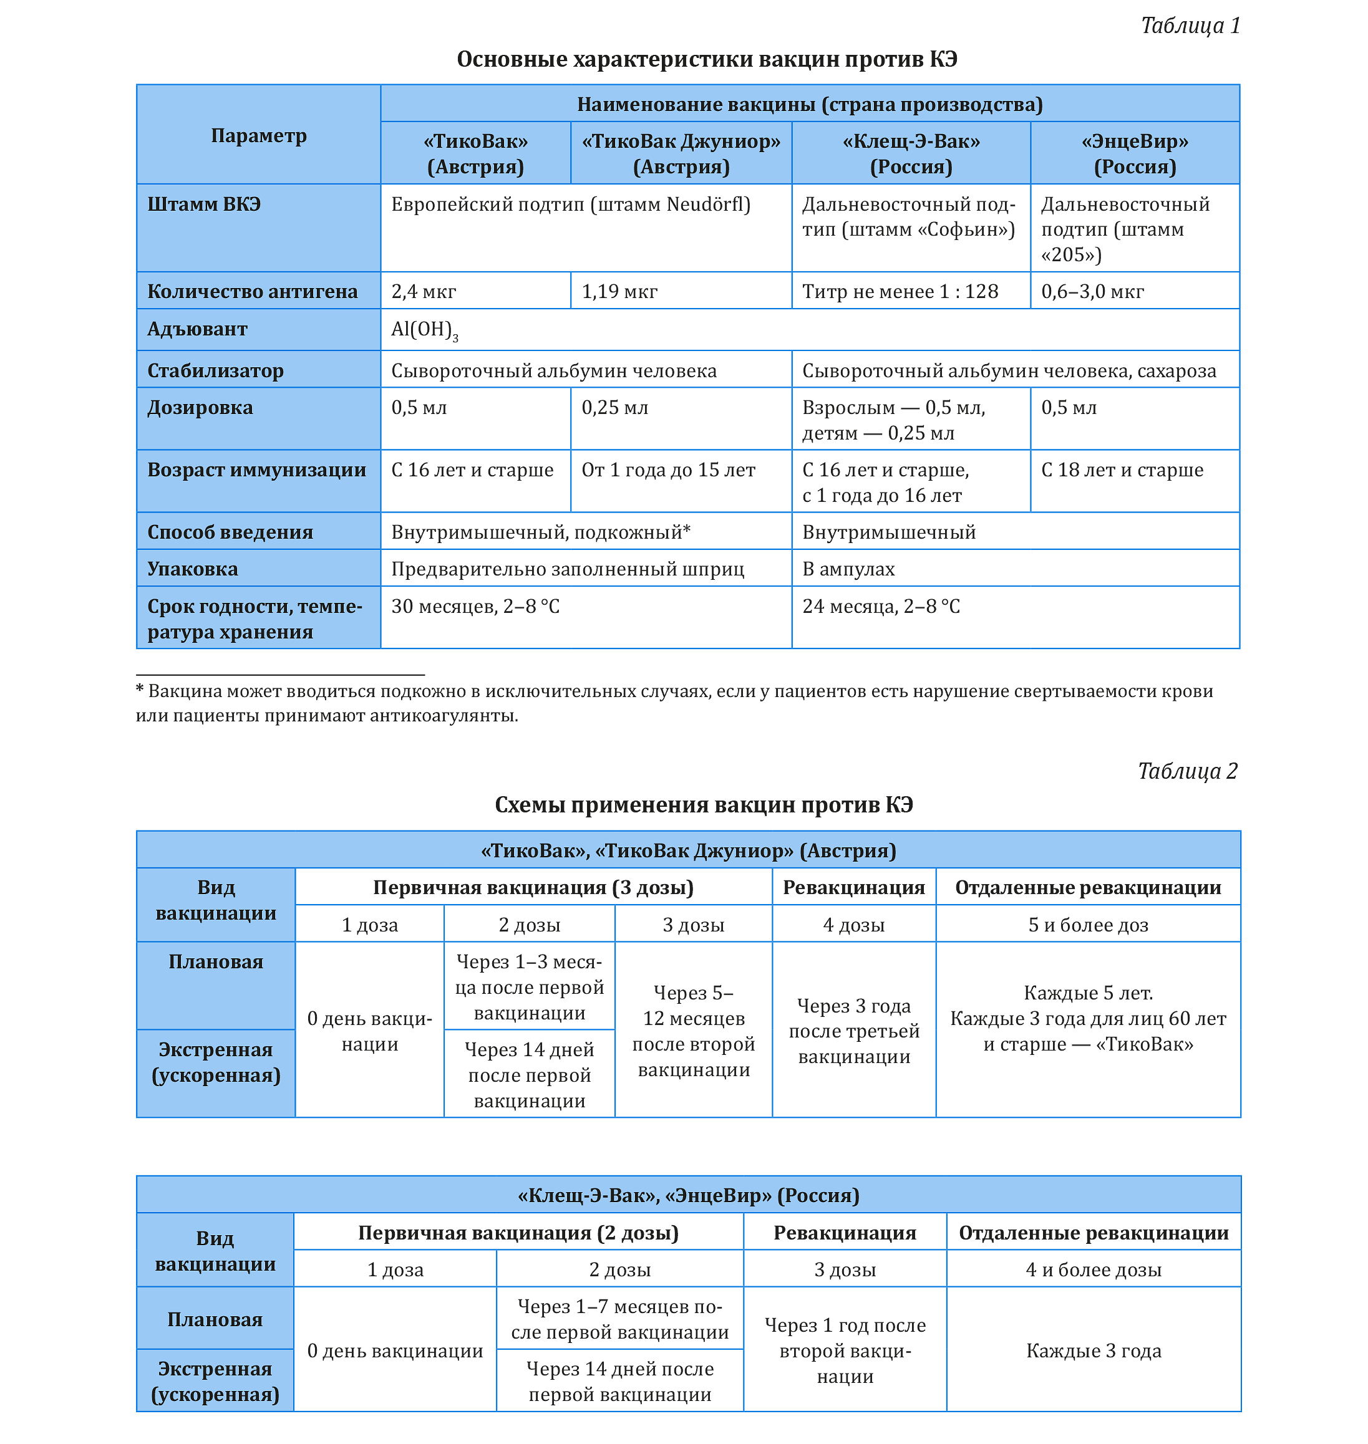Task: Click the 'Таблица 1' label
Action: tap(1190, 26)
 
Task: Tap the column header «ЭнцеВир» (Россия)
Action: tap(1135, 154)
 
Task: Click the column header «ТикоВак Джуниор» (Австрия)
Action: tap(681, 154)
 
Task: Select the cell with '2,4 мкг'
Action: tap(424, 292)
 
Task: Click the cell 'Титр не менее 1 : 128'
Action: tap(900, 292)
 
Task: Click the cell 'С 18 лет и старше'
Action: tap(1122, 470)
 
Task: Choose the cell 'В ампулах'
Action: tap(848, 569)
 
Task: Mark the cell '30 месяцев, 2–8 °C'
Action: tap(475, 607)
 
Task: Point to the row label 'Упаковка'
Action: tap(193, 569)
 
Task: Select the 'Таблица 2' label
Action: tap(1187, 771)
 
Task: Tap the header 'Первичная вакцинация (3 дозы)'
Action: tap(533, 887)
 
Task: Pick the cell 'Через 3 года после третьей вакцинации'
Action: tap(854, 1031)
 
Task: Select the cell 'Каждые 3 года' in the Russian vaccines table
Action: tap(1093, 1350)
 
